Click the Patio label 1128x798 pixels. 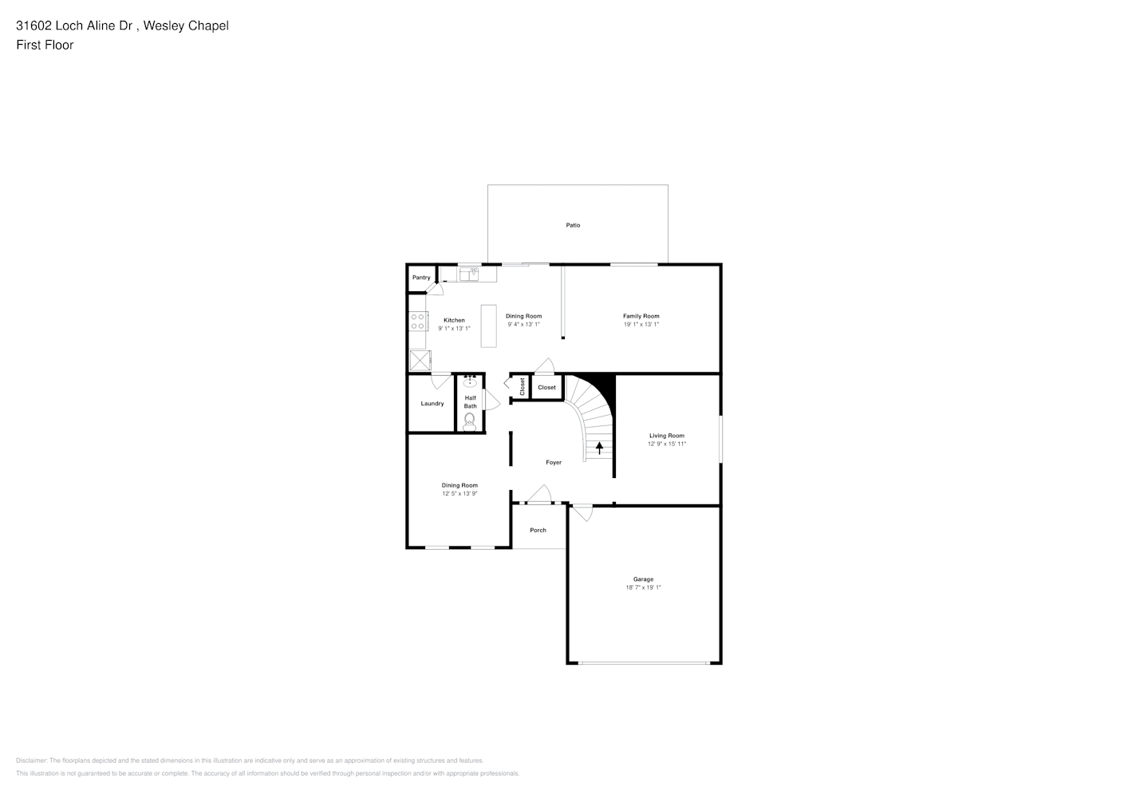(573, 225)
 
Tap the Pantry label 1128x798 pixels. (421, 278)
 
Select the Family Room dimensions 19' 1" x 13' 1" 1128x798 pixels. (641, 325)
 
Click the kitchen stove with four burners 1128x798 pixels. (418, 322)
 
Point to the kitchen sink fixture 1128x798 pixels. (468, 274)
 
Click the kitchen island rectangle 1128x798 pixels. (488, 326)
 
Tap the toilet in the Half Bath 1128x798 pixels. (469, 421)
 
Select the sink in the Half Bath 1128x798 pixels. (470, 381)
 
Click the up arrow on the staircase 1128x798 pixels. (599, 448)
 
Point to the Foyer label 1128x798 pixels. (554, 463)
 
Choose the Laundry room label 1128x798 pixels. (432, 404)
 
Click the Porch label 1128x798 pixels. (538, 530)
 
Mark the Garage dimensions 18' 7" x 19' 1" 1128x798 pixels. (643, 587)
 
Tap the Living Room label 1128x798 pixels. (667, 436)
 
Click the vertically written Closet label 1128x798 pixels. (523, 386)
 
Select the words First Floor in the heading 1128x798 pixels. (45, 45)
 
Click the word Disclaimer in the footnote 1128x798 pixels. (31, 760)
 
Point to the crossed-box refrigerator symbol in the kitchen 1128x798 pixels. (420, 361)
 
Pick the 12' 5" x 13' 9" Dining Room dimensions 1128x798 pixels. (459, 494)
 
